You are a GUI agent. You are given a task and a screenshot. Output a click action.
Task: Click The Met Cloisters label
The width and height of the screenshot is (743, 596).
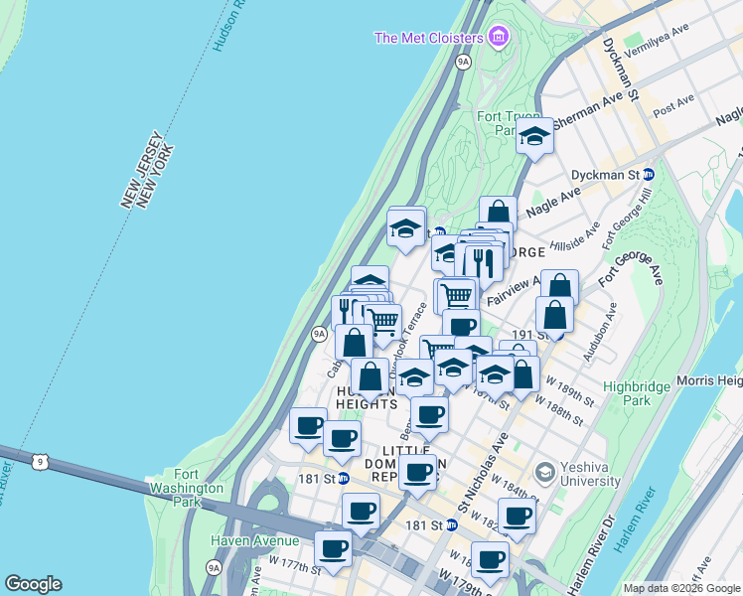[x=428, y=39]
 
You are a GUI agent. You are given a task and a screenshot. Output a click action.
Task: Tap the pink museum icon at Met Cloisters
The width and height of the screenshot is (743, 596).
[x=499, y=39]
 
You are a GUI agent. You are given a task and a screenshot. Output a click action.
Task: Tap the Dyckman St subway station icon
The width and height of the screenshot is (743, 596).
[x=649, y=174]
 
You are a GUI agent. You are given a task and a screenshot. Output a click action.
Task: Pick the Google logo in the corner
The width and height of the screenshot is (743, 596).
[x=33, y=584]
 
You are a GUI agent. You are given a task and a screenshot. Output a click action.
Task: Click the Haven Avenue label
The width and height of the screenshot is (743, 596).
[x=254, y=540]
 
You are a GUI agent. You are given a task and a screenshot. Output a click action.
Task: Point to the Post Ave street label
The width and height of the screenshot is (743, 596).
[x=673, y=104]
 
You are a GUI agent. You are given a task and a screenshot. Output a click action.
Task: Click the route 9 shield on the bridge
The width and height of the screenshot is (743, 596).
[x=39, y=461]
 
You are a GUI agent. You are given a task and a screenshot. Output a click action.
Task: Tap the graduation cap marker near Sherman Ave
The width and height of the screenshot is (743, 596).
[x=534, y=139]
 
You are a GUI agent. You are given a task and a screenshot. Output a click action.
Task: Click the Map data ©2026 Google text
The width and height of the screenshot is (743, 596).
[x=680, y=588]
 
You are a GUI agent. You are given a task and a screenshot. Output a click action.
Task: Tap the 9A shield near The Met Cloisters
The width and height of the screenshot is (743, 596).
[x=463, y=62]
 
